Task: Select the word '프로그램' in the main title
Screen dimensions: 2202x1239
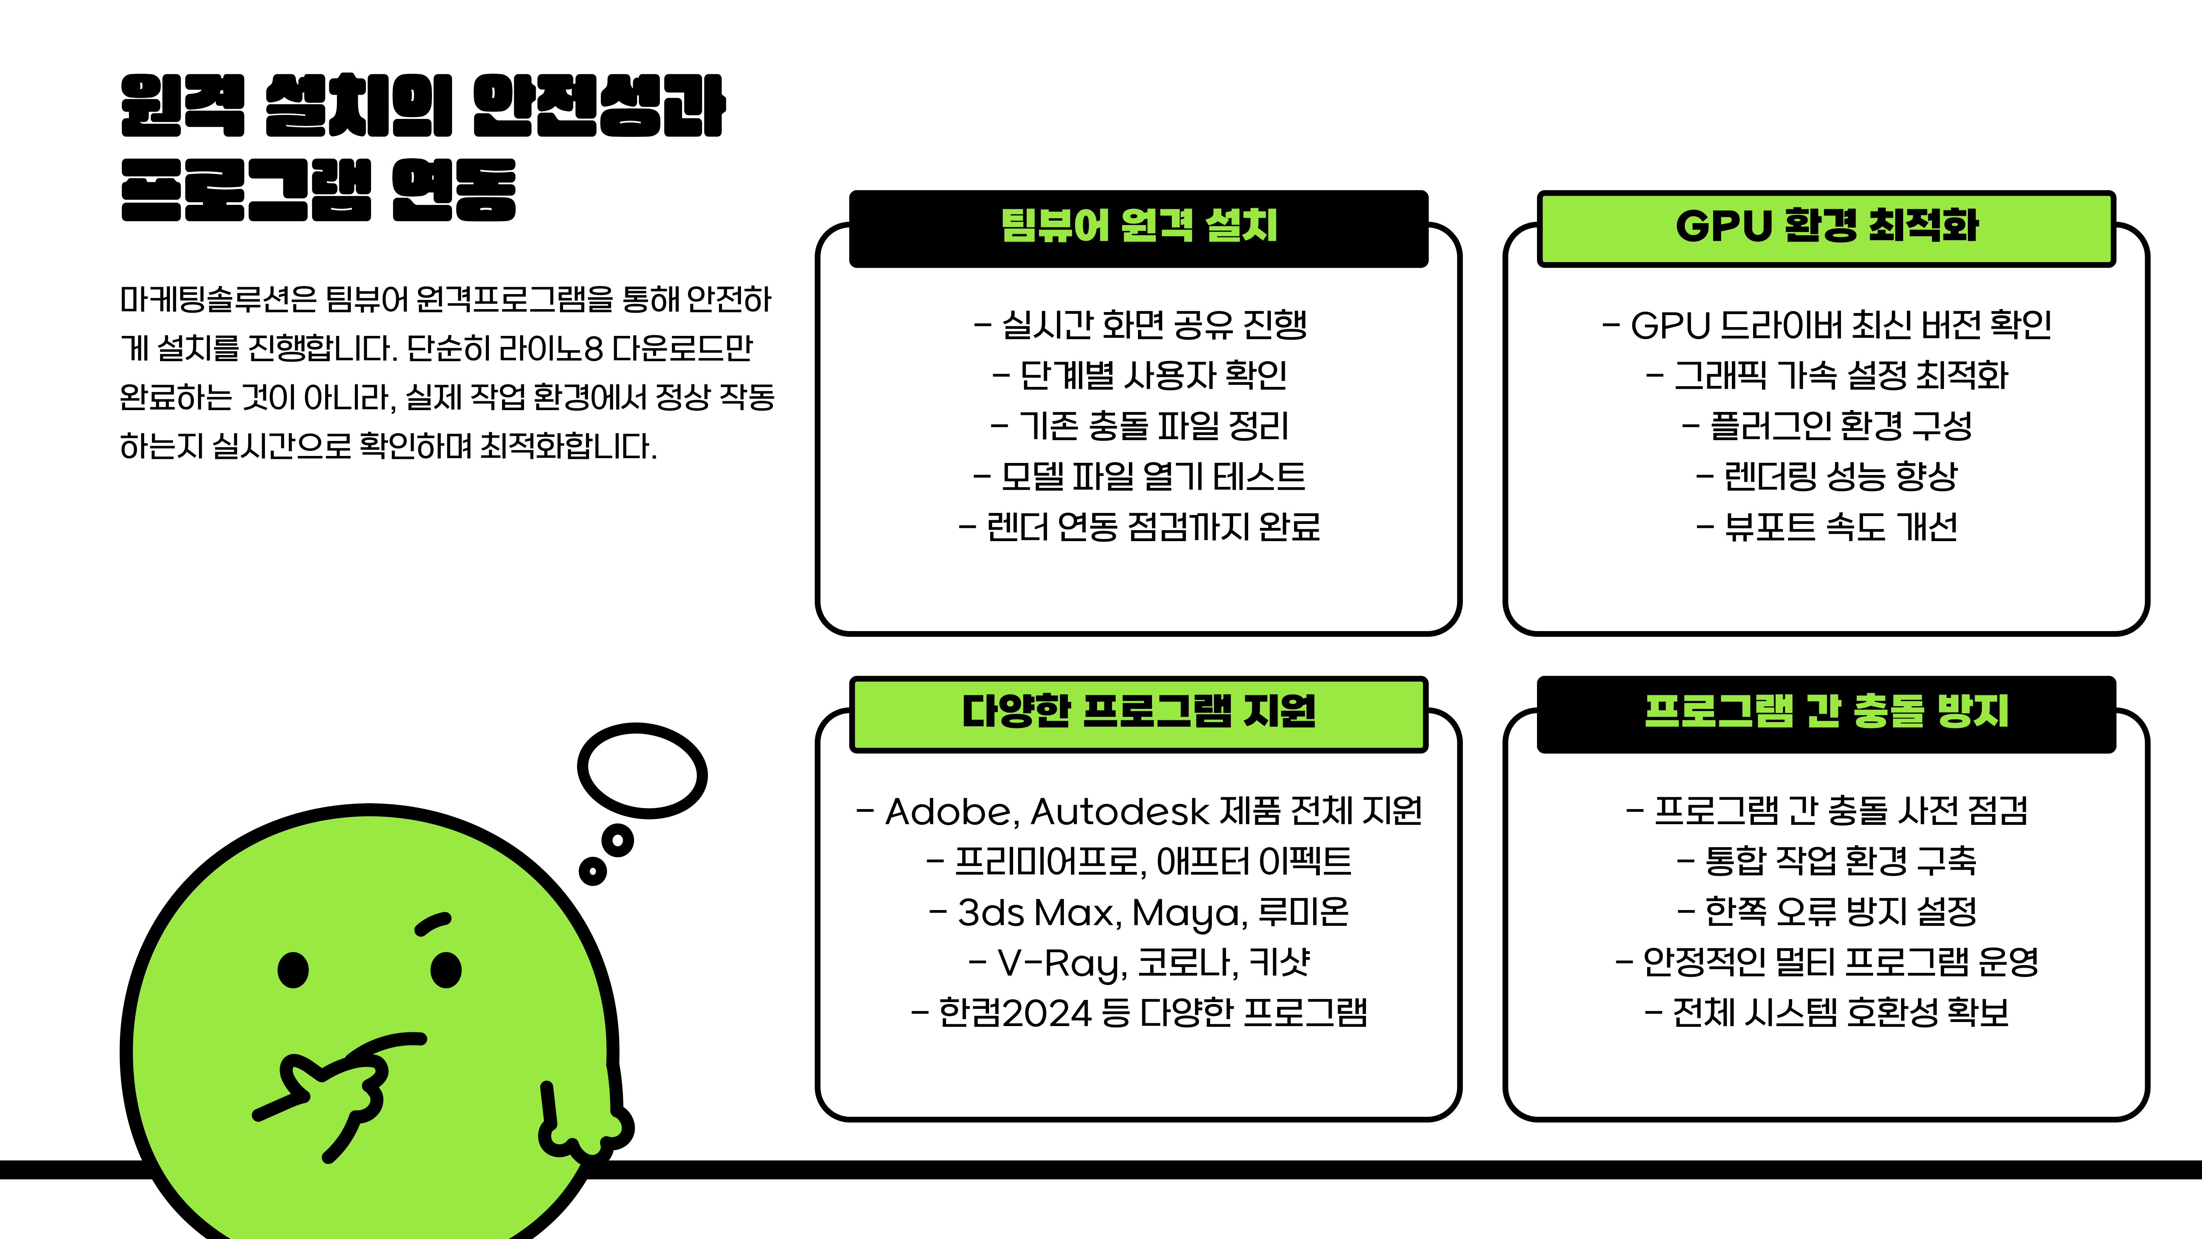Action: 246,190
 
